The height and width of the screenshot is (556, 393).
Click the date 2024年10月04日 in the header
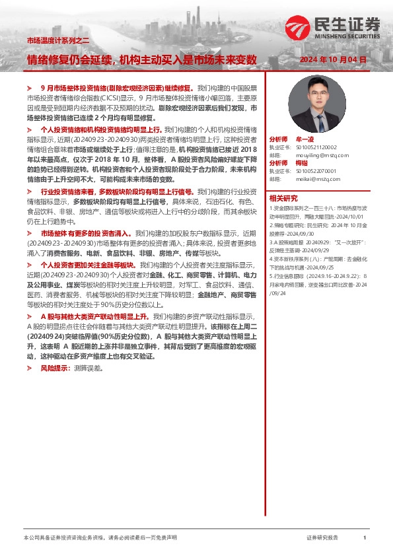[x=332, y=59]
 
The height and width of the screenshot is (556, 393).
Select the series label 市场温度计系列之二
[x=57, y=40]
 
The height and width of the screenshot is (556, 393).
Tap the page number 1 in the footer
[x=365, y=538]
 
